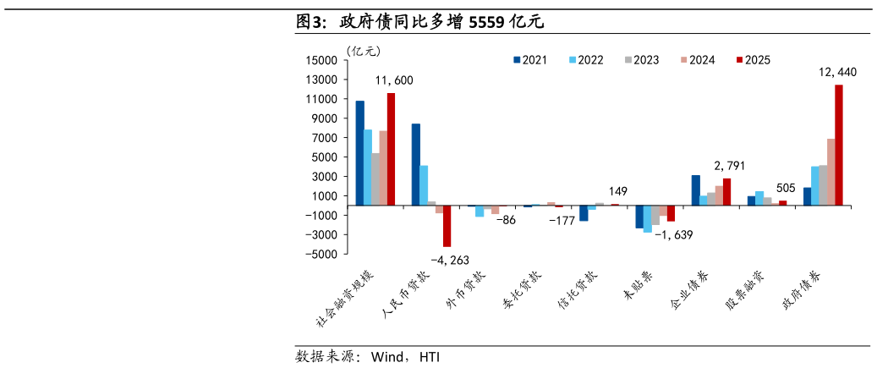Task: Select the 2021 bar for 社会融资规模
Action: (x=359, y=153)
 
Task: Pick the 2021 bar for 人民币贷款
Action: (x=415, y=164)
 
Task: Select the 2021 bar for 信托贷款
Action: (x=584, y=213)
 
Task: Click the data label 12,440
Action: (x=837, y=73)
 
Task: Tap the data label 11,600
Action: (x=394, y=80)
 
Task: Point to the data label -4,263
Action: (x=449, y=260)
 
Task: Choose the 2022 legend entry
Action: (x=586, y=60)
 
